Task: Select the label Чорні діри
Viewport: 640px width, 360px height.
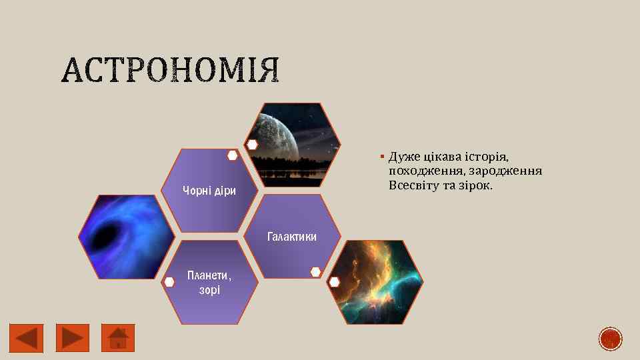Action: pyautogui.click(x=209, y=191)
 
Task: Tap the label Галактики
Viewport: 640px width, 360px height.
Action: pyautogui.click(x=292, y=237)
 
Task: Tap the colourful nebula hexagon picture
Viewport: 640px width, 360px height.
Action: pyautogui.click(x=377, y=280)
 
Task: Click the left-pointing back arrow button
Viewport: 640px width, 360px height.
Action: pyautogui.click(x=26, y=338)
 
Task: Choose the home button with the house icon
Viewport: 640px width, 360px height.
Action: pyautogui.click(x=118, y=338)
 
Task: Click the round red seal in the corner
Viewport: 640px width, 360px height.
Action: pyautogui.click(x=610, y=339)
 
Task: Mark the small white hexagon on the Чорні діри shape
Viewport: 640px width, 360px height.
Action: pyautogui.click(x=233, y=155)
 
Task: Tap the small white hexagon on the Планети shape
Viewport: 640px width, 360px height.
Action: pyautogui.click(x=169, y=282)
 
